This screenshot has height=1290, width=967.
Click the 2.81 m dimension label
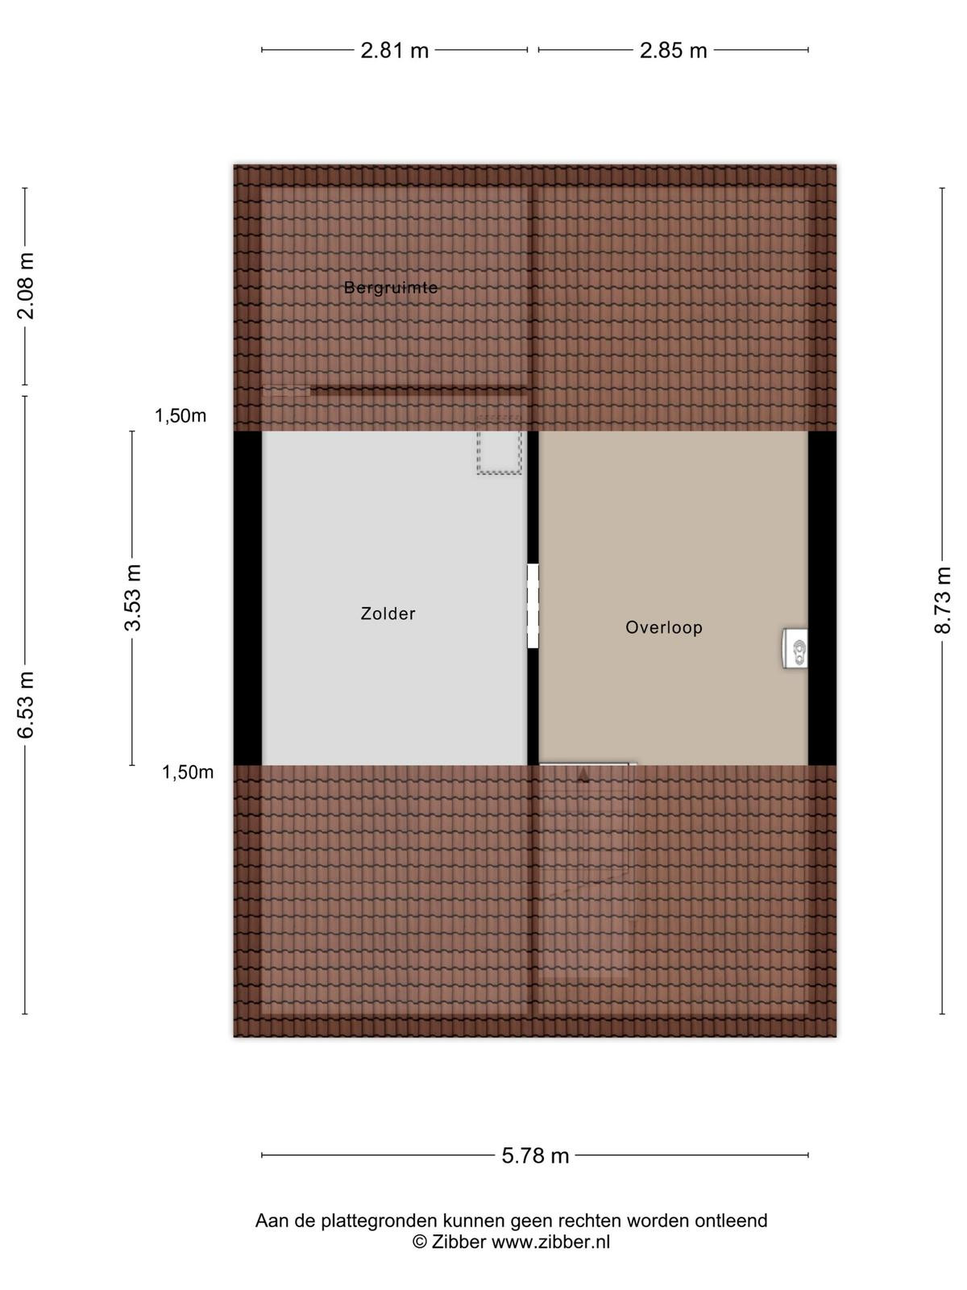click(x=394, y=51)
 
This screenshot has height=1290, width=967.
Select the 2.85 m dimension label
click(x=673, y=51)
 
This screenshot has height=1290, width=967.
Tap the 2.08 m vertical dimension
click(x=26, y=286)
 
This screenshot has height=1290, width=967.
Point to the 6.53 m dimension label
click(x=26, y=704)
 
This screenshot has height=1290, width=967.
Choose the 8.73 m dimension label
click(x=942, y=600)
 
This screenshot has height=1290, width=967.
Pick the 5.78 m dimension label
click(x=535, y=1155)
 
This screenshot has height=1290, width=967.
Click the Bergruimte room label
click(x=391, y=288)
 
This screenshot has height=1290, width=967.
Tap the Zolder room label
click(x=388, y=614)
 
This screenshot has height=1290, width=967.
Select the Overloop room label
click(x=663, y=627)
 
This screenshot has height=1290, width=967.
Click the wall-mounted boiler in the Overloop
click(x=795, y=648)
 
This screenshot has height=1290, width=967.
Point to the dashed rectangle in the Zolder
click(x=499, y=444)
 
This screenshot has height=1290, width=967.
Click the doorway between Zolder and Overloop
click(x=533, y=606)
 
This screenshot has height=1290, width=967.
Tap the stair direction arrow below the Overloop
click(x=583, y=776)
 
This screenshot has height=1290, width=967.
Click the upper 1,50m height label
click(x=181, y=416)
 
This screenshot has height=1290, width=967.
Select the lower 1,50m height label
click(x=188, y=772)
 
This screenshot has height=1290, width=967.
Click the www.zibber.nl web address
click(x=550, y=1242)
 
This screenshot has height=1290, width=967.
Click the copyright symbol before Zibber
click(x=419, y=1242)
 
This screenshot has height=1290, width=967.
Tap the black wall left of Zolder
click(x=247, y=598)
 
